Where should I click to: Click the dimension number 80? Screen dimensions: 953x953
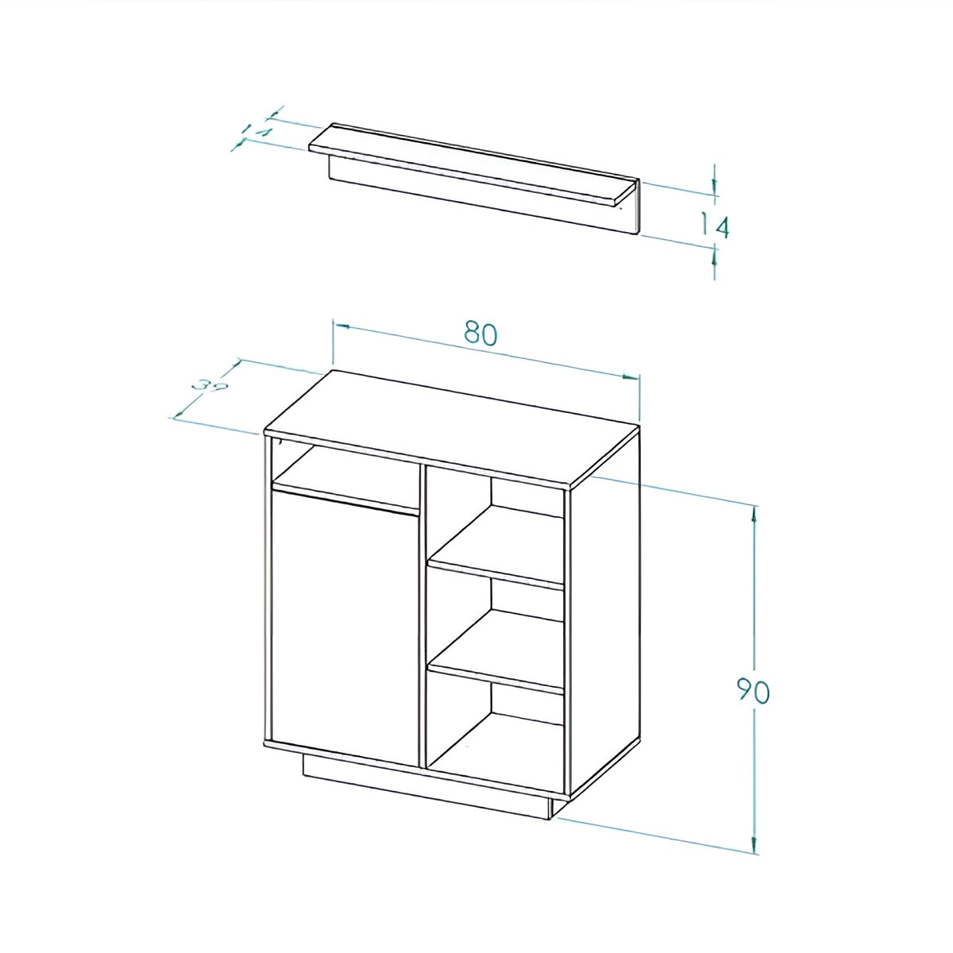[x=481, y=334]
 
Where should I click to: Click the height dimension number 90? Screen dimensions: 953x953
[x=750, y=691]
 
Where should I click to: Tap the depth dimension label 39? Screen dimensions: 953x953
[x=210, y=388]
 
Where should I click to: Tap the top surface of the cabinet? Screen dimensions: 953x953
[x=451, y=425]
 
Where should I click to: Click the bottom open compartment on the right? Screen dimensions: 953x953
[x=496, y=739]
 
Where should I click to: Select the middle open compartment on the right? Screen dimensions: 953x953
[x=496, y=627]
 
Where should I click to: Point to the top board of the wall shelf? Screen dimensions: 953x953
[x=473, y=163]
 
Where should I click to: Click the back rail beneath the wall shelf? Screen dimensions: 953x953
[x=484, y=199]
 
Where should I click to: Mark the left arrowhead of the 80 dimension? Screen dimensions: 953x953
[x=341, y=325]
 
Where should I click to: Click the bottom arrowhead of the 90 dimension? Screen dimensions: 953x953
[x=754, y=847]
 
